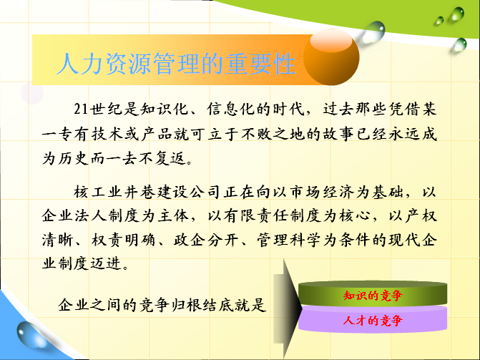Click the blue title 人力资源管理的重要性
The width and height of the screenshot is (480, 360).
pos(176,64)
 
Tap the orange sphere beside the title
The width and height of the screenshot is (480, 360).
pos(331,57)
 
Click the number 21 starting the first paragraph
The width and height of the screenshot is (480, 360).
pos(81,109)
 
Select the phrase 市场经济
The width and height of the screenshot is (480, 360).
pos(322,192)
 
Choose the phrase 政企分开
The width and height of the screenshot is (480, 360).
pos(206,240)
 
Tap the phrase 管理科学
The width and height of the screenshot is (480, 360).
pos(289,240)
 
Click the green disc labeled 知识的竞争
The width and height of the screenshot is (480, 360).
pos(373,293)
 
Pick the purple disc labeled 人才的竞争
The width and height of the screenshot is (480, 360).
pos(373,319)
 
